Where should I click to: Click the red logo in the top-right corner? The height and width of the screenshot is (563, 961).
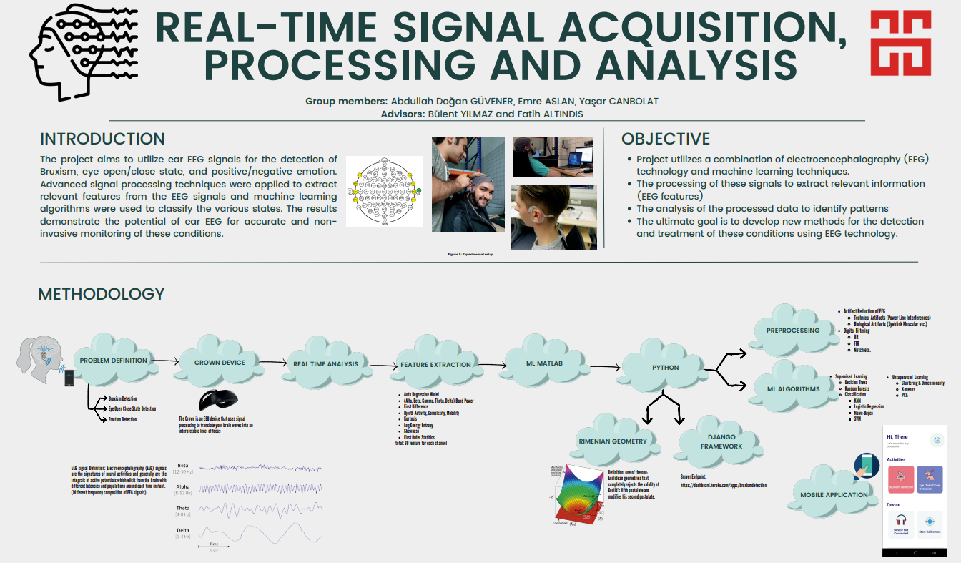pos(901,44)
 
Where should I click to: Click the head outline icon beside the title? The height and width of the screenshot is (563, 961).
pos(82,51)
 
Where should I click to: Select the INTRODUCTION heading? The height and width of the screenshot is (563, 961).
pos(102,139)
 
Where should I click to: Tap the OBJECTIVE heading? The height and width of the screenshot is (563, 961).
pos(666,139)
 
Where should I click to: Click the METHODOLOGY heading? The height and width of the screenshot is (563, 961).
pos(101,294)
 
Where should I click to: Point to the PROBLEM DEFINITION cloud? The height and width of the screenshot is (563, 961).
pos(114,361)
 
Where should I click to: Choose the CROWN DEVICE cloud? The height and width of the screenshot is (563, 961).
pos(220,363)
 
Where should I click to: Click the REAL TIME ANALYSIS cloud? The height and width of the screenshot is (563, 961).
pos(325,363)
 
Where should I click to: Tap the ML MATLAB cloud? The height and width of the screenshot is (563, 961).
pos(544,363)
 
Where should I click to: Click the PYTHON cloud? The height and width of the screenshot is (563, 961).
pos(665,368)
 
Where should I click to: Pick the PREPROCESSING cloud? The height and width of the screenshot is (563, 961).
pos(792,331)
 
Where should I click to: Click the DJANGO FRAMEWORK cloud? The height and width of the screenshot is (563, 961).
pos(720,441)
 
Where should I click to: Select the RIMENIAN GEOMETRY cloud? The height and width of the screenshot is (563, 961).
pos(613,441)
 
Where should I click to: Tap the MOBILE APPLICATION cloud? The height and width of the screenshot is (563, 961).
pos(834,494)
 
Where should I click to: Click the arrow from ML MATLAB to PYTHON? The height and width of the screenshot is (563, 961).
pos(601,366)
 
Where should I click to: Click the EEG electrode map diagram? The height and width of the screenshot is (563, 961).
pos(385,192)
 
